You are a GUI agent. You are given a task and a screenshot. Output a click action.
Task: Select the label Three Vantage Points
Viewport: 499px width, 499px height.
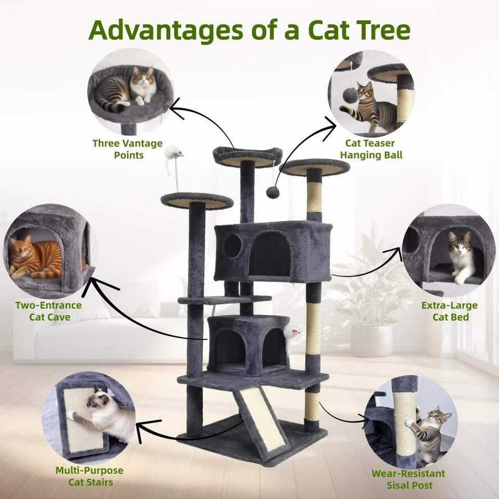(128, 149)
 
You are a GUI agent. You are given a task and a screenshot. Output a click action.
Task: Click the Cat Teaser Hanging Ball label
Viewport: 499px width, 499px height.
(371, 149)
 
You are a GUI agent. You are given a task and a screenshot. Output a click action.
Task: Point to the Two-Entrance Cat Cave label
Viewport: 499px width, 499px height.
(49, 311)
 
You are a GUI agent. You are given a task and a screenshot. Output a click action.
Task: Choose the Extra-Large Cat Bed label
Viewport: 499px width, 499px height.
(450, 311)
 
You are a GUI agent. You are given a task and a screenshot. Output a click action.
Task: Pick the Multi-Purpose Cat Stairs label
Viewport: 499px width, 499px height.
(90, 476)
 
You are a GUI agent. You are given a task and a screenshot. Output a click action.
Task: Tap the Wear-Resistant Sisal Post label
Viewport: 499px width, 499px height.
(409, 479)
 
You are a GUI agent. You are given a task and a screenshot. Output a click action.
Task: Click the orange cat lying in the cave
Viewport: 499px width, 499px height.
(35, 259)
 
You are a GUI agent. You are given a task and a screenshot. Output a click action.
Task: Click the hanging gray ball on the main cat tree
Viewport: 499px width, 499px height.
(272, 192)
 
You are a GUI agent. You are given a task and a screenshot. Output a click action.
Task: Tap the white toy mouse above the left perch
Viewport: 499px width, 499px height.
(174, 153)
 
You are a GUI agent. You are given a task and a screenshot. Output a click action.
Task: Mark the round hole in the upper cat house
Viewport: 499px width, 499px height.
(232, 246)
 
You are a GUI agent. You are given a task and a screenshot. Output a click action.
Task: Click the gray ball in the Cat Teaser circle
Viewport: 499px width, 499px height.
(350, 96)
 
